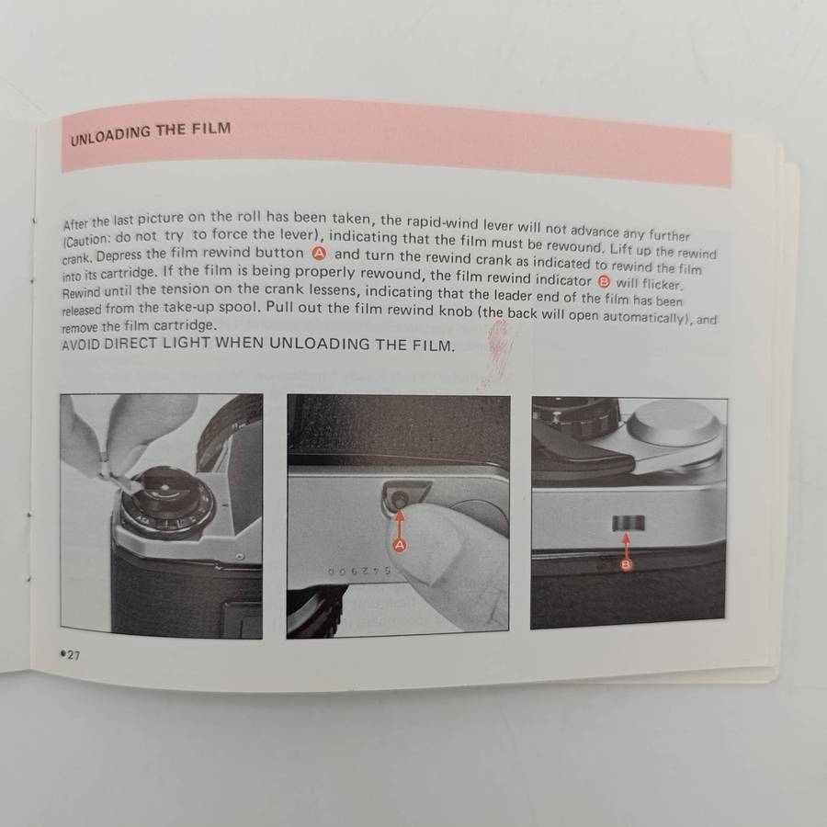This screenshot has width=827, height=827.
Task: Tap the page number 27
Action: pyautogui.click(x=70, y=652)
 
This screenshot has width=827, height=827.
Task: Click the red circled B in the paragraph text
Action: pyautogui.click(x=604, y=282)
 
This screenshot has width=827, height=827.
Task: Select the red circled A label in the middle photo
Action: pyautogui.click(x=400, y=545)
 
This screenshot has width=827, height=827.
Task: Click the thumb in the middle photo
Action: pyautogui.click(x=450, y=551)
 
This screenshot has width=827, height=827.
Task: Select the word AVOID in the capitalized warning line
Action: pyautogui.click(x=83, y=346)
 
